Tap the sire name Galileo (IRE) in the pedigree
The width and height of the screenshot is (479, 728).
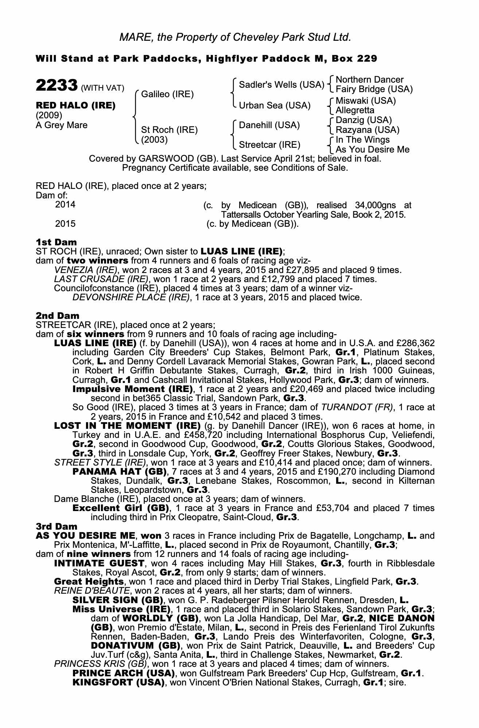(167, 94)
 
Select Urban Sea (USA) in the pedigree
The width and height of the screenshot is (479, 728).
(274, 106)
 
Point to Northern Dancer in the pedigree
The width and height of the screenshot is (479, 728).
(369, 80)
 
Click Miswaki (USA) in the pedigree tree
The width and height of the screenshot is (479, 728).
(366, 100)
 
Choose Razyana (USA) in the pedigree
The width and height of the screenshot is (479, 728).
(367, 130)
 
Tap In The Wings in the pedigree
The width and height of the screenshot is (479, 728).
(362, 140)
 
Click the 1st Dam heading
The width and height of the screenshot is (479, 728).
(56, 242)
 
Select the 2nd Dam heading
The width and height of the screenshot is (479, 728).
(57, 316)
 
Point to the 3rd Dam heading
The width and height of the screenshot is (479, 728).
(57, 526)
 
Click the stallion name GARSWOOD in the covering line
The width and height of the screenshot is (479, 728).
(165, 159)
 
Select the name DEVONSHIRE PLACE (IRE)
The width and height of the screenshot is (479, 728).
(132, 297)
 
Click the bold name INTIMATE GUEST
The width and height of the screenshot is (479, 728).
(99, 563)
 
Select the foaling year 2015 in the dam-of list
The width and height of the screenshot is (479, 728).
(65, 223)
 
